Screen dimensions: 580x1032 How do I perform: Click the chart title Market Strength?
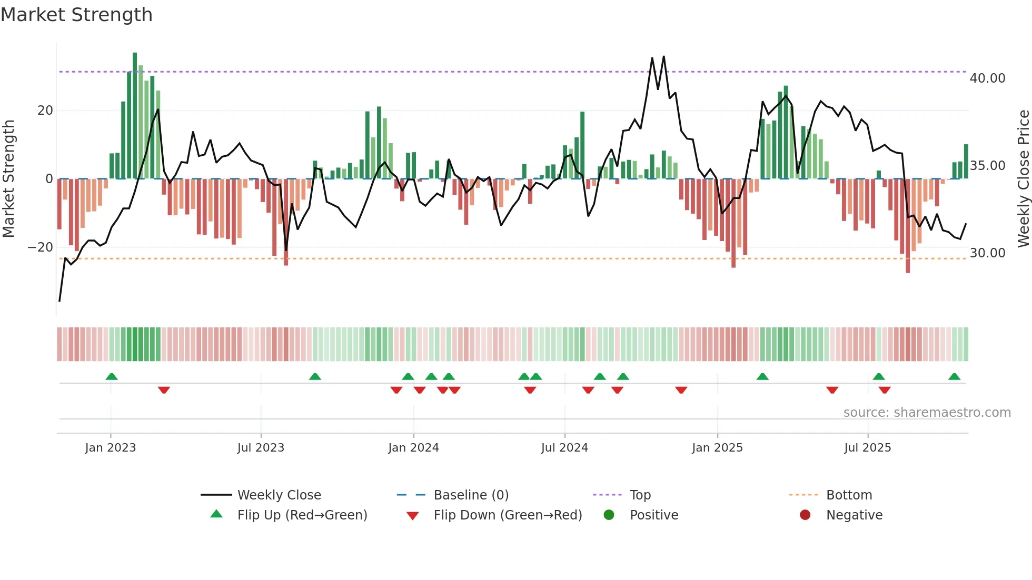point(76,15)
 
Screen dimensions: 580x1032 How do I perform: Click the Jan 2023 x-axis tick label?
point(111,448)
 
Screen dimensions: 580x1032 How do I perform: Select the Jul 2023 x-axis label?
point(261,448)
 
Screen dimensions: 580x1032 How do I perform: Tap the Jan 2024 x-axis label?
point(413,448)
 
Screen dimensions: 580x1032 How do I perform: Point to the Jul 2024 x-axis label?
point(564,448)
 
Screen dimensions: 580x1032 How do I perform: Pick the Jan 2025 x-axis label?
point(717,448)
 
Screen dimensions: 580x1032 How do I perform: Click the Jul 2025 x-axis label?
point(868,448)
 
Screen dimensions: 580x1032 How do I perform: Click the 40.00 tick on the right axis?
point(987,78)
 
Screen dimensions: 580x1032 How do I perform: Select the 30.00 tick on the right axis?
point(987,253)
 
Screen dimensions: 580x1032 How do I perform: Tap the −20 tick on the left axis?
point(41,247)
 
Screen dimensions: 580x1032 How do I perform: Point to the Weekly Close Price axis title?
point(1023,179)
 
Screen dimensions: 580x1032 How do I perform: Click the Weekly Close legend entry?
point(279,495)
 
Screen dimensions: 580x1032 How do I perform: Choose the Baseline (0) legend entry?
point(471,495)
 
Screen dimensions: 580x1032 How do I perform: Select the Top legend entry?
point(640,495)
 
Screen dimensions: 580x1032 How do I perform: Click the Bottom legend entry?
point(849,495)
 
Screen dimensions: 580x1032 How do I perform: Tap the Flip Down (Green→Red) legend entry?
point(508,515)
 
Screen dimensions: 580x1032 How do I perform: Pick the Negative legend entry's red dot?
point(805,515)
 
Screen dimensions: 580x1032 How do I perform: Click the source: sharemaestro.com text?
point(927,413)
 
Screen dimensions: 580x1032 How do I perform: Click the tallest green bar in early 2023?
point(135,116)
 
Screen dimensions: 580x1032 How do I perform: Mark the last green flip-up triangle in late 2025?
point(954,376)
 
